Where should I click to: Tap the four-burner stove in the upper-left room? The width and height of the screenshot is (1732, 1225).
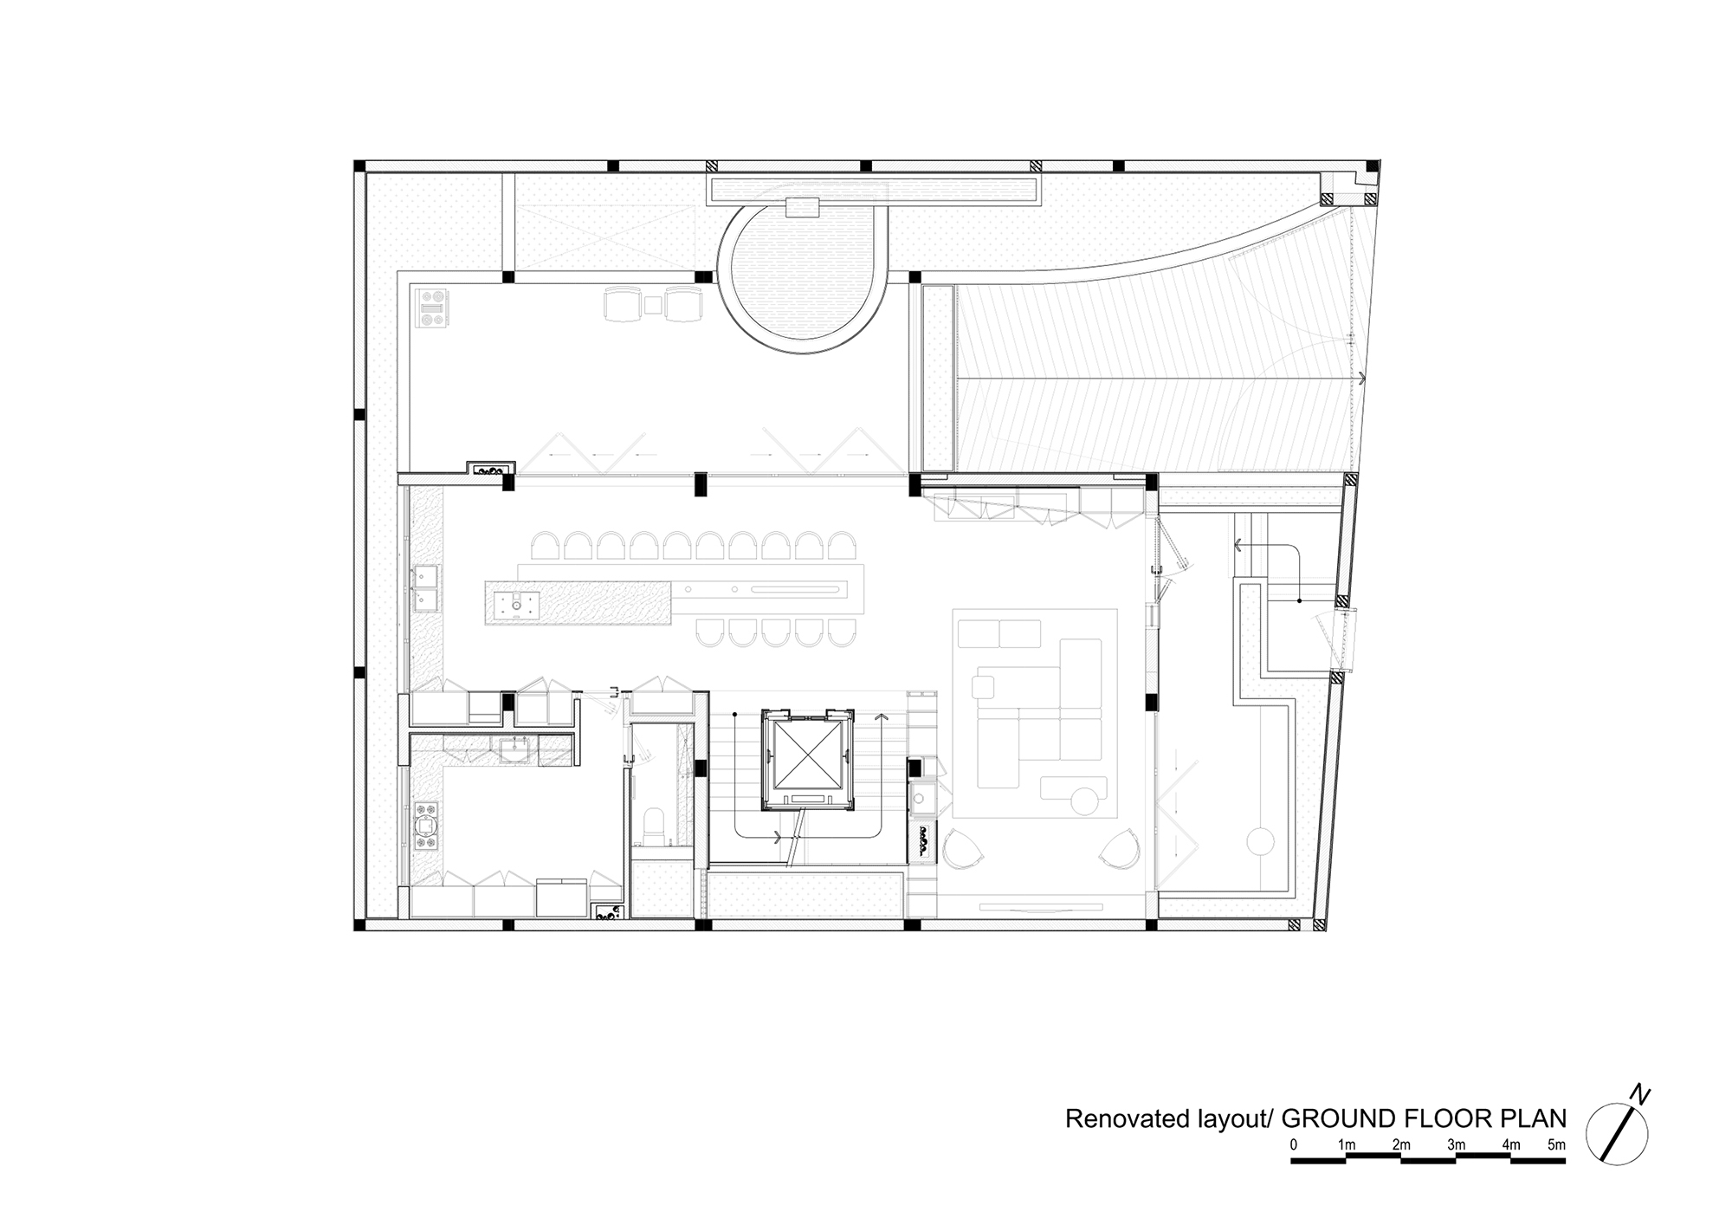[433, 309]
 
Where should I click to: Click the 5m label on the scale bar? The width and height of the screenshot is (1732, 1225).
[1556, 1145]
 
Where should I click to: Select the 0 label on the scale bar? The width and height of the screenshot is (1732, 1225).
[1294, 1145]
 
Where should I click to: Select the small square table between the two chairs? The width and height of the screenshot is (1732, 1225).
[653, 305]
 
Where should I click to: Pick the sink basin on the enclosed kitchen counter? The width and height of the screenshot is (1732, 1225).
[520, 748]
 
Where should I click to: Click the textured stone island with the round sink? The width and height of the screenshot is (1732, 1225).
[578, 602]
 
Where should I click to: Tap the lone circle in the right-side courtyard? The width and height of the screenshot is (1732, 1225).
[1260, 840]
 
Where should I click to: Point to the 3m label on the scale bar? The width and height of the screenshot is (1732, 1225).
[1456, 1145]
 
